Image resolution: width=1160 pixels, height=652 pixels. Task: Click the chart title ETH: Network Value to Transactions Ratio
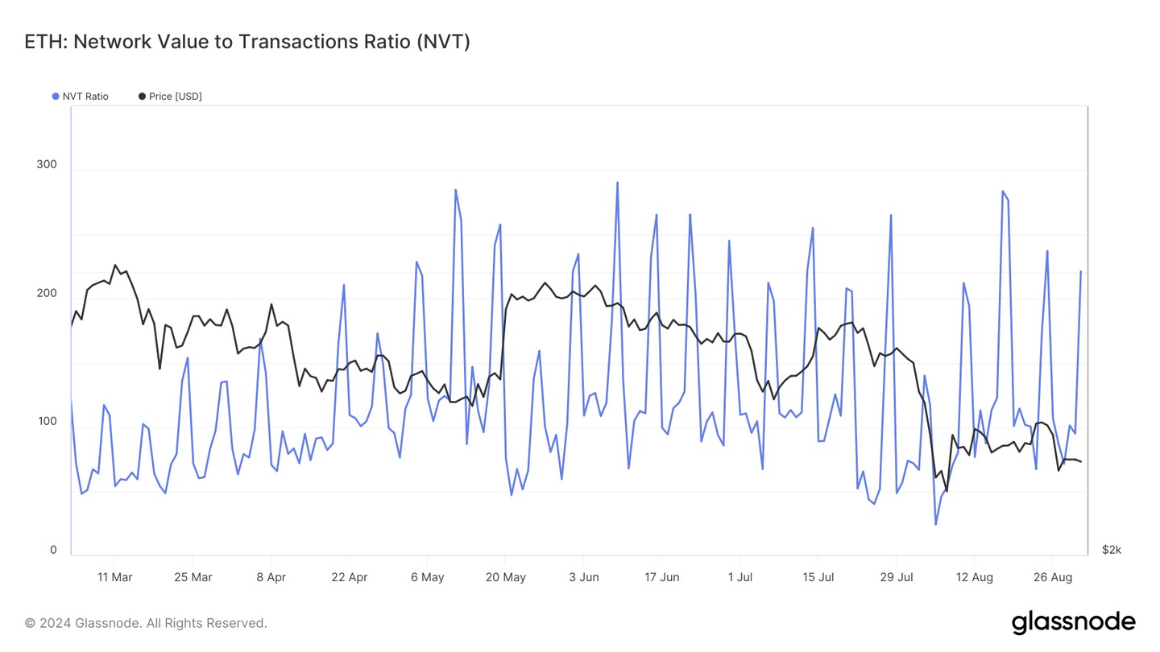247,42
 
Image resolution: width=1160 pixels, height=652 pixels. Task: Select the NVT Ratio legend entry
85,97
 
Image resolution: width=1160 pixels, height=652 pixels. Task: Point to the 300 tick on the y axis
47,165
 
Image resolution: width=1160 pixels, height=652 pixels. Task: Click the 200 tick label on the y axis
47,293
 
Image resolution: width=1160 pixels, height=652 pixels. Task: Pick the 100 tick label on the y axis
47,422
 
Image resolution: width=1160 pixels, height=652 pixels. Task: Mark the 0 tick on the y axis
53,551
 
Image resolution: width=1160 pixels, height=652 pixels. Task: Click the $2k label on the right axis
1111,550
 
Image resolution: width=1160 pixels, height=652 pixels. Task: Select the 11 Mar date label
114,577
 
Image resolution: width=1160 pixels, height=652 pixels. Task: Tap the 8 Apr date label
271,577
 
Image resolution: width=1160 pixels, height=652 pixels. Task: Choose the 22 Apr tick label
349,577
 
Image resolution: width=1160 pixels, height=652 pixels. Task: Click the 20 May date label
505,577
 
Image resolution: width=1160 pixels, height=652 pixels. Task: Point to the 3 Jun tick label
583,577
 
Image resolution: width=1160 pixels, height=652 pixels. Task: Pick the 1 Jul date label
739,577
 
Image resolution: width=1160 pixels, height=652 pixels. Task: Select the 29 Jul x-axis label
896,577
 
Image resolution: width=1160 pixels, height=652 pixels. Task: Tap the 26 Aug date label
1052,577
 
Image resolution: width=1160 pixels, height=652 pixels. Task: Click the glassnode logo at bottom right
1073,621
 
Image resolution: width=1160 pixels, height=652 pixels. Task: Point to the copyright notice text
146,623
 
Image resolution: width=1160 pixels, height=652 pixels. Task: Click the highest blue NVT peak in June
617,183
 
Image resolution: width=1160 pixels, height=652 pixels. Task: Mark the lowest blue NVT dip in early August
935,524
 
